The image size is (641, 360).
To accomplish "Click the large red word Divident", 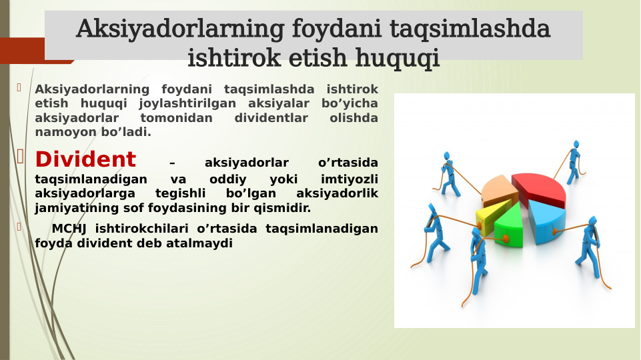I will tap(85, 160).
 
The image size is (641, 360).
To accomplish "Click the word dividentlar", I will tap(271, 118).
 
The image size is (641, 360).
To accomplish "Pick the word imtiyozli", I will tap(349, 179).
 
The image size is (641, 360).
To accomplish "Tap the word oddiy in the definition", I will tap(227, 179).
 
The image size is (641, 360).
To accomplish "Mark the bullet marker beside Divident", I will tap(20, 157).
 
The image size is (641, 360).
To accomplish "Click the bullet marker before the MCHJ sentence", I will tap(20, 227).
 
